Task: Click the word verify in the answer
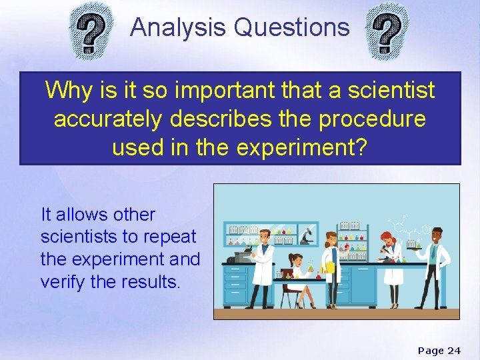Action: click(63, 281)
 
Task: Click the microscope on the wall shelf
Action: click(307, 235)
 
